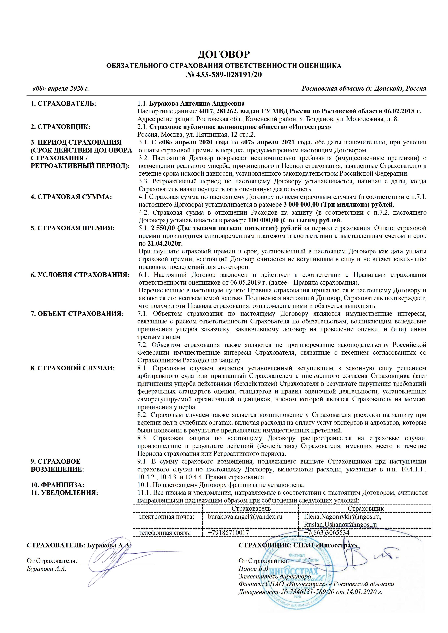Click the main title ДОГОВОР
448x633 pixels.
tap(224, 54)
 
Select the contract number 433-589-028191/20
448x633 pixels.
tap(228, 75)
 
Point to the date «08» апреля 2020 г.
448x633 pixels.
tap(61, 89)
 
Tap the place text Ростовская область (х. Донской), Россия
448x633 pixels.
tap(364, 89)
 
